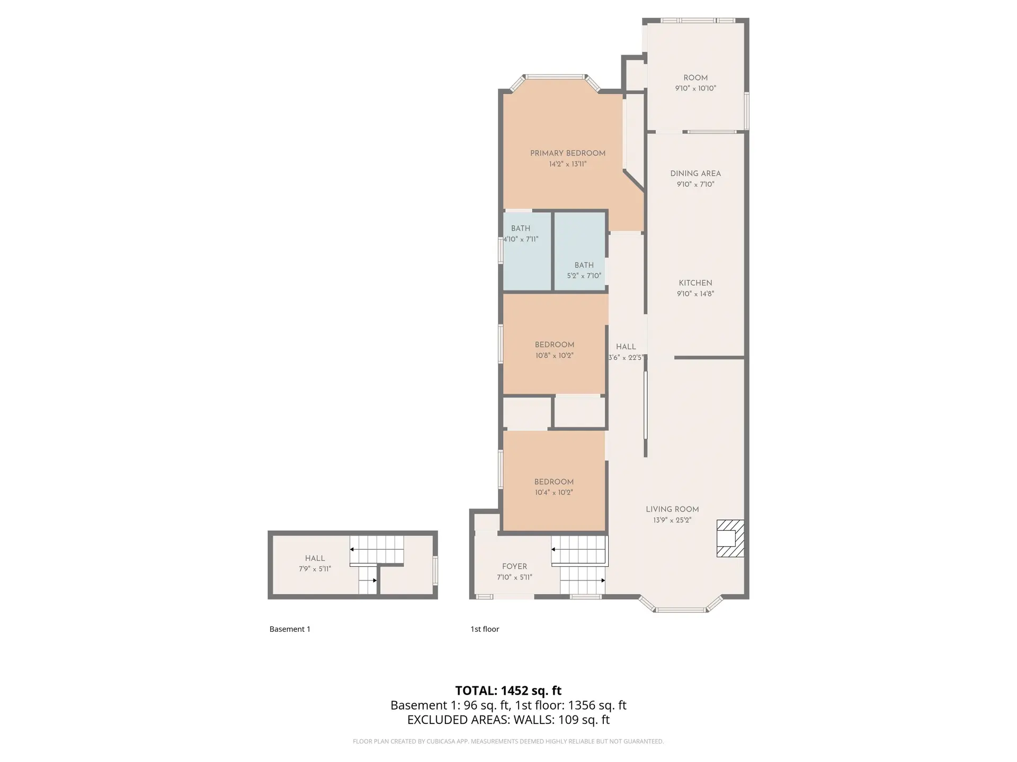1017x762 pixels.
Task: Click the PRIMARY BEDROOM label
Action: pyautogui.click(x=567, y=153)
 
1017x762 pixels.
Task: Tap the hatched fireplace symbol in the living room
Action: pyautogui.click(x=730, y=538)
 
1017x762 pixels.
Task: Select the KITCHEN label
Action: pyautogui.click(x=695, y=283)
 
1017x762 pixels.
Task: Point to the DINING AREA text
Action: pyautogui.click(x=695, y=174)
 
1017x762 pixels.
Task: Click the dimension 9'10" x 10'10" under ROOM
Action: pyautogui.click(x=695, y=89)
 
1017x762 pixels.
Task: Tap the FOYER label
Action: pyautogui.click(x=514, y=566)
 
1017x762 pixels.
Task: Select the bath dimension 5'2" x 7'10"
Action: pyautogui.click(x=584, y=276)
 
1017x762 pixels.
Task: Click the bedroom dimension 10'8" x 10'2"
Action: pyautogui.click(x=554, y=356)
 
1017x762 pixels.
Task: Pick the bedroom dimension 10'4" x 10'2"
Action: pyautogui.click(x=554, y=493)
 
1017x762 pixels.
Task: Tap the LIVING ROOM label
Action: pyautogui.click(x=672, y=509)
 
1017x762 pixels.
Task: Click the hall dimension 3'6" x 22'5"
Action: pyautogui.click(x=625, y=358)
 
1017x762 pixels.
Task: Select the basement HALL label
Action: pyautogui.click(x=315, y=558)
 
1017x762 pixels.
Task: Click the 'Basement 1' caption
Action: pyautogui.click(x=290, y=629)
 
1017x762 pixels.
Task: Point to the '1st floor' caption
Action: pyautogui.click(x=485, y=629)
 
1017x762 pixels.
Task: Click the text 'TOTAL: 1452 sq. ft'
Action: pyautogui.click(x=508, y=691)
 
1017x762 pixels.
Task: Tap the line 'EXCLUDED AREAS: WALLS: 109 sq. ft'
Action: pyautogui.click(x=508, y=720)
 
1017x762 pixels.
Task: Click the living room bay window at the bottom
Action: pyautogui.click(x=680, y=609)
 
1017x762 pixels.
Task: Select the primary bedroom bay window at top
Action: pyautogui.click(x=555, y=77)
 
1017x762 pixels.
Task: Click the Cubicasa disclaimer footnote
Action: pyautogui.click(x=508, y=741)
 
